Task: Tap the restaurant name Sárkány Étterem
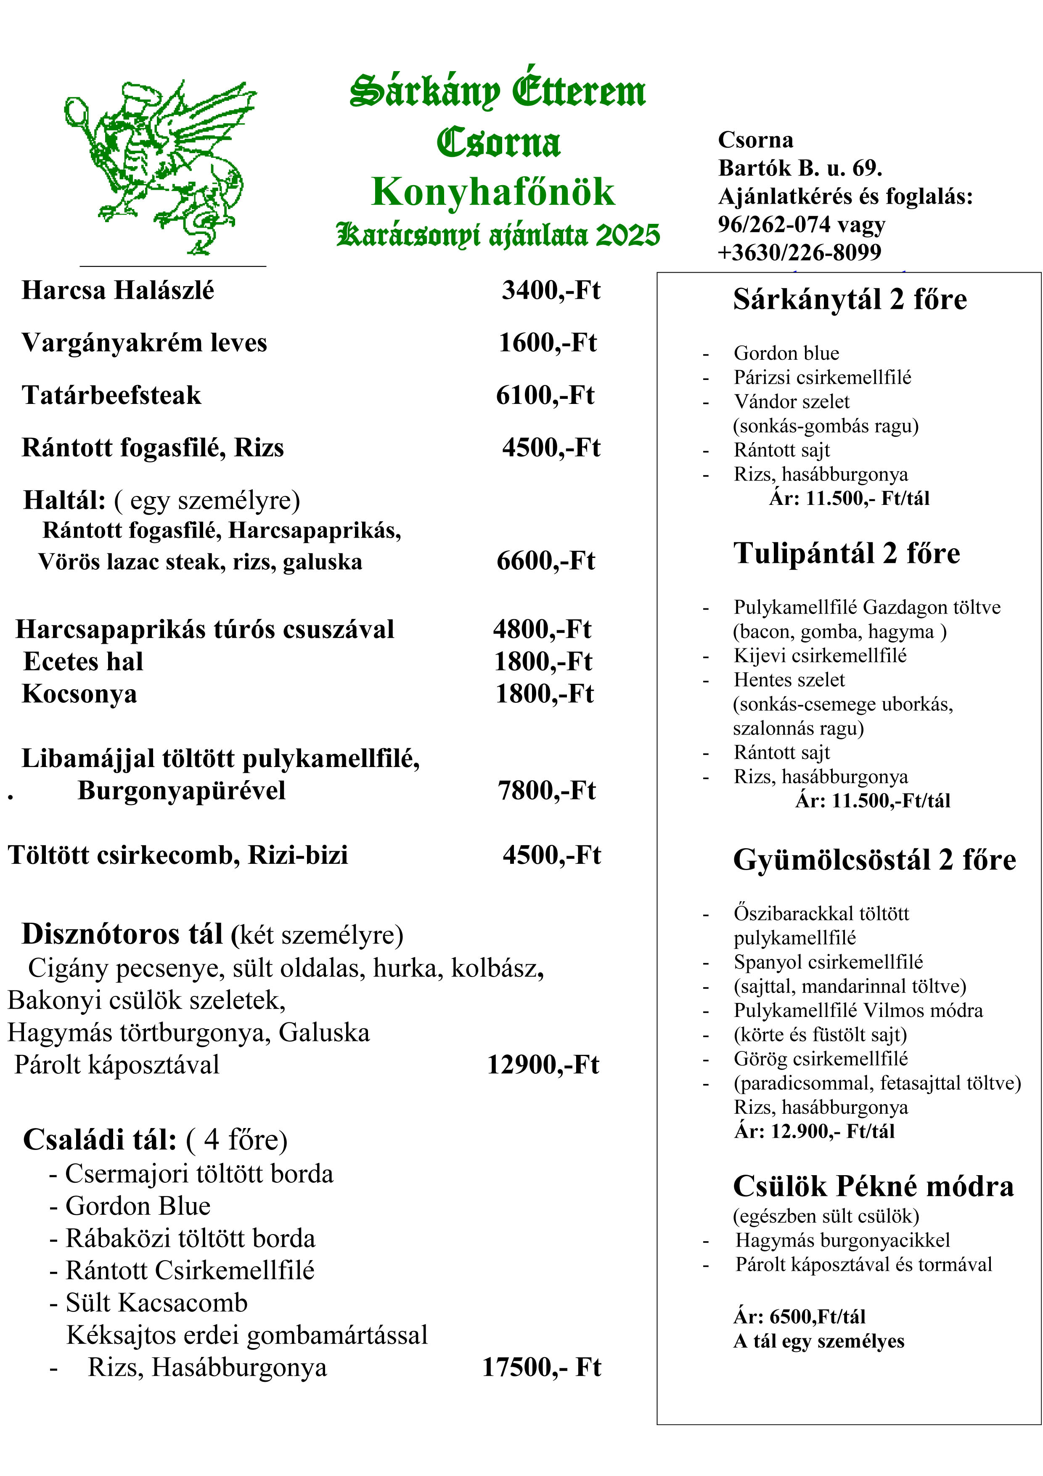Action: [498, 92]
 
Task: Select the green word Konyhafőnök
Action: [493, 192]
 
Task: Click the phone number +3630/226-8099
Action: [799, 252]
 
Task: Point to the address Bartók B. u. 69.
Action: [800, 168]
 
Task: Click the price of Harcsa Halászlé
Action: [551, 291]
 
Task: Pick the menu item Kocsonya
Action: [79, 694]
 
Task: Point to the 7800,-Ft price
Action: [546, 791]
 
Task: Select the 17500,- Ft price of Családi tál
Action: [541, 1367]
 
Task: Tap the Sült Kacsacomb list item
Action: [156, 1302]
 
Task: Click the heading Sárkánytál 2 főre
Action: [850, 300]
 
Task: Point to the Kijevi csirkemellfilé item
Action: [820, 656]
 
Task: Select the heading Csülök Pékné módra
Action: [873, 1187]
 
